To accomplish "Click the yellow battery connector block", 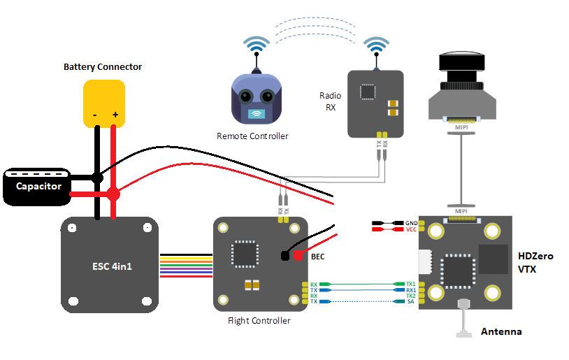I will (104, 103).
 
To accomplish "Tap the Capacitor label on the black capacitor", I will (38, 187).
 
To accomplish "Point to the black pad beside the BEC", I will (285, 256).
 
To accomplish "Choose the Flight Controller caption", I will (259, 321).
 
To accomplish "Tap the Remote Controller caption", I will (252, 136).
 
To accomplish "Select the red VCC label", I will (411, 229).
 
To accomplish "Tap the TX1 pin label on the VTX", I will (411, 284).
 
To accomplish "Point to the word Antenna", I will (501, 331).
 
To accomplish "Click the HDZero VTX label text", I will (535, 262).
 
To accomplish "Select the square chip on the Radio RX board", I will (368, 92).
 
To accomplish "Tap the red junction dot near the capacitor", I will (113, 194).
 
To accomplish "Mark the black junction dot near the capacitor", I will (98, 179).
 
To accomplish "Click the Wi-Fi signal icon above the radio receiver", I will (377, 47).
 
